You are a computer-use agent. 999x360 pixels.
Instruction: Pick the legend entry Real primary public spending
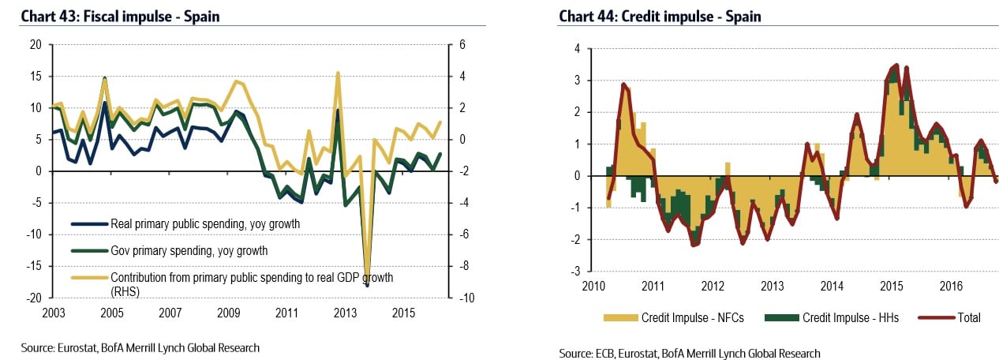[205, 224]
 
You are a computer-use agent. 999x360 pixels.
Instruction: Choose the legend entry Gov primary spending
[189, 251]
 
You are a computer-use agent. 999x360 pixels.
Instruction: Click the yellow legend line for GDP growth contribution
[88, 278]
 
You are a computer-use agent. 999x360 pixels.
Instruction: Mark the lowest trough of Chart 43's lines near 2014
[367, 285]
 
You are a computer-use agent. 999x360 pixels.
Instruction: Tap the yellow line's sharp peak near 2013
[338, 73]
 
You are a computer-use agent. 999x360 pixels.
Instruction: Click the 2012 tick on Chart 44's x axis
[713, 286]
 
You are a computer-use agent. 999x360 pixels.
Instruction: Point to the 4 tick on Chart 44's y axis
[577, 49]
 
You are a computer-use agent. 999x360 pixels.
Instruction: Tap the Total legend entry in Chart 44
[967, 317]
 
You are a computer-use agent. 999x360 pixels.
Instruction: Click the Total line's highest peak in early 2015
[896, 66]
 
